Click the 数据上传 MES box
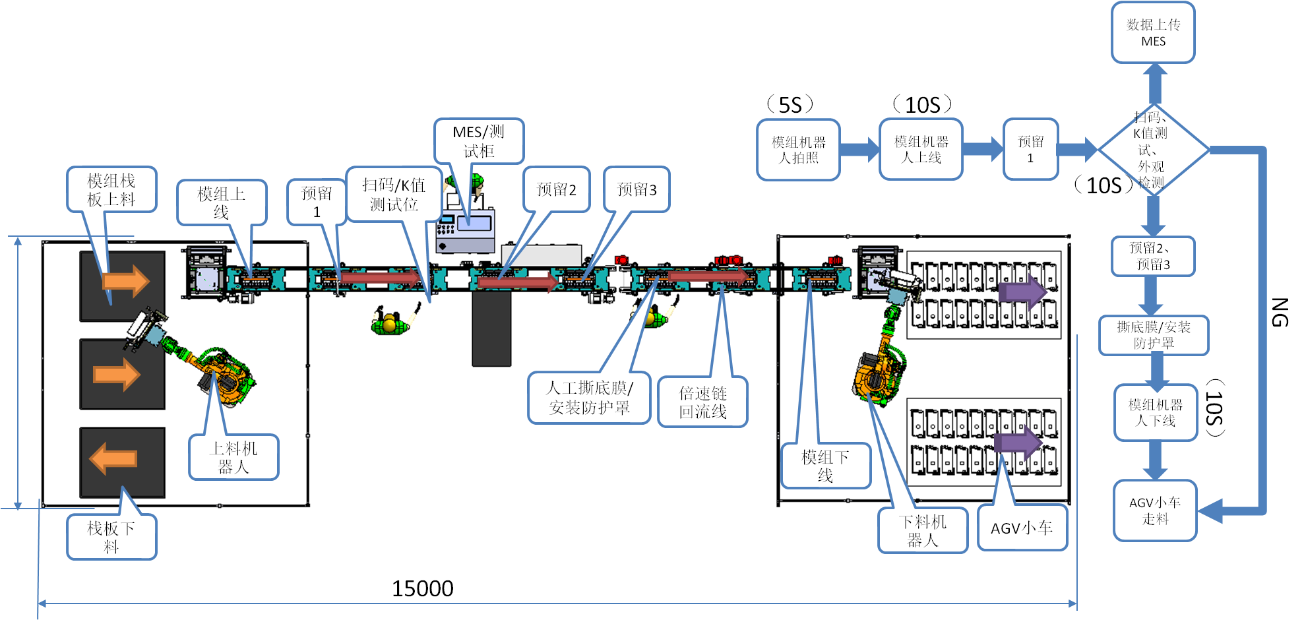click(1153, 33)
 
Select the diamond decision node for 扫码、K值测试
click(1153, 150)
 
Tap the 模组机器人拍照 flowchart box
click(798, 150)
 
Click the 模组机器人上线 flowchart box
click(921, 150)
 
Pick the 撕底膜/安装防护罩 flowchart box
click(1154, 335)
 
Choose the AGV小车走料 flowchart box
click(1155, 511)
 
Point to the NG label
click(1279, 313)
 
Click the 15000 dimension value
click(422, 588)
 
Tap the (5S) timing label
click(790, 105)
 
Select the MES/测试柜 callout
click(479, 141)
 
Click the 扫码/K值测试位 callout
click(394, 195)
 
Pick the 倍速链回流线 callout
click(702, 402)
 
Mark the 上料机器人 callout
click(233, 457)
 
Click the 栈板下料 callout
click(111, 537)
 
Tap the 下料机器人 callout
click(923, 530)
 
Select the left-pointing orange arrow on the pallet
click(113, 458)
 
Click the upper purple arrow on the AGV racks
click(1022, 291)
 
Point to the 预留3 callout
click(636, 190)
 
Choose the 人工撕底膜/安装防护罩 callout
click(589, 398)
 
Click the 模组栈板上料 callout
click(111, 189)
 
